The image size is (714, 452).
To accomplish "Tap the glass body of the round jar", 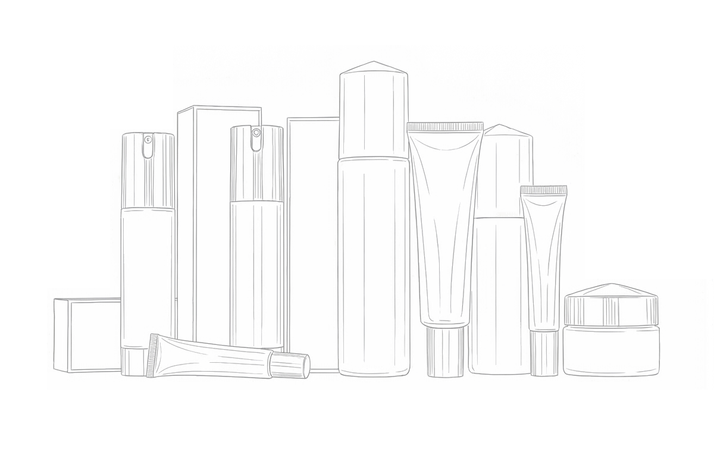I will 611,351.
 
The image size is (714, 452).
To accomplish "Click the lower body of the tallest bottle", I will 374,268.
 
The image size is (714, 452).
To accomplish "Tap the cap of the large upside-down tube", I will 445,351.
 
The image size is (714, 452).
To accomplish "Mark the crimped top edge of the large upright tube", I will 445,127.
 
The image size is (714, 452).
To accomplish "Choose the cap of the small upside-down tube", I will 544,353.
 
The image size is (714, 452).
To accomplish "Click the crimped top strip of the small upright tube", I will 544,190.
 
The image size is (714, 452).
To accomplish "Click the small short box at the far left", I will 86,336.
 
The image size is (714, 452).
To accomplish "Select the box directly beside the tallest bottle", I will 312,238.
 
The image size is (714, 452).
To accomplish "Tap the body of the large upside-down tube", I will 445,226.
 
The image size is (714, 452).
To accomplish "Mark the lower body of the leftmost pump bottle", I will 148,274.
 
